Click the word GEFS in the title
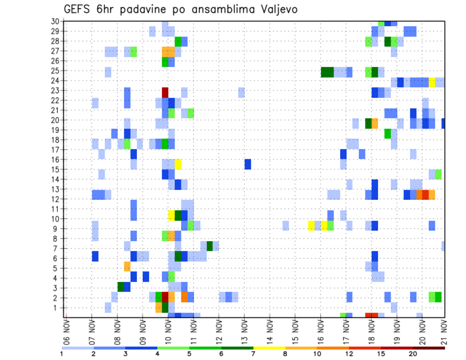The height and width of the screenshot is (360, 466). (x=77, y=9)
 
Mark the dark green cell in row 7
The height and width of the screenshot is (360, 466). (x=210, y=246)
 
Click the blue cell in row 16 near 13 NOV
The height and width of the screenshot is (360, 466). (x=248, y=164)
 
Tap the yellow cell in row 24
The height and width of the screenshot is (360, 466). (x=432, y=82)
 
